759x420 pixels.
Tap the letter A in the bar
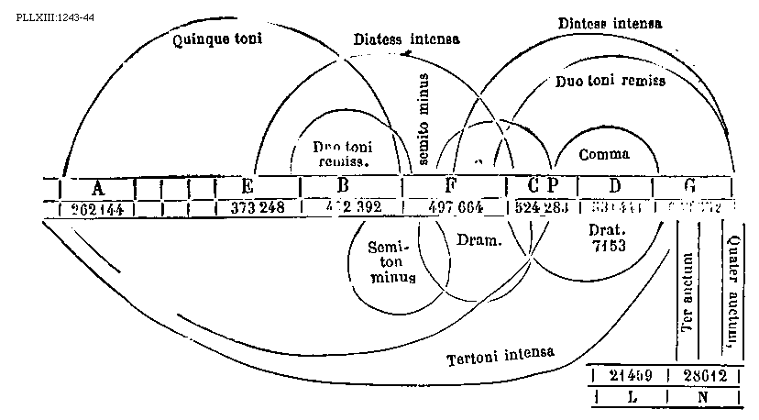(98, 186)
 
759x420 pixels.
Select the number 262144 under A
(98, 209)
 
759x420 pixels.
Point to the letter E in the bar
(247, 186)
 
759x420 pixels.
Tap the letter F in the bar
(450, 186)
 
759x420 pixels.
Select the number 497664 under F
(456, 208)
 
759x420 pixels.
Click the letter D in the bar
(615, 186)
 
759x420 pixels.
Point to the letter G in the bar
(689, 186)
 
